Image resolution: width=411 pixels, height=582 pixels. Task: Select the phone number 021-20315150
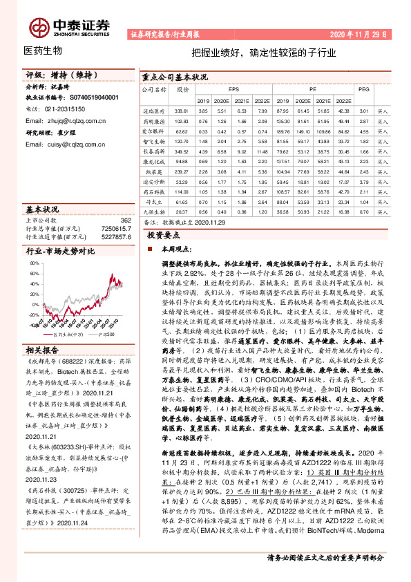(66, 109)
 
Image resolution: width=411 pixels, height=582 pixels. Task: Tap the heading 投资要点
(165, 236)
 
